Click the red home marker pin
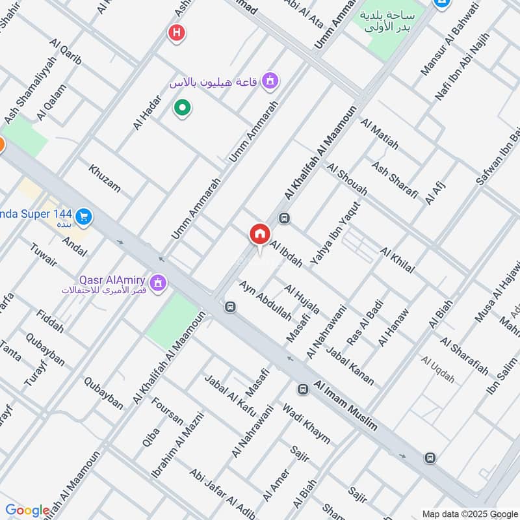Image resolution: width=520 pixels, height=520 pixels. pos(259,235)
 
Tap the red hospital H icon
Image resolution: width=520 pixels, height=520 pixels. pos(175,32)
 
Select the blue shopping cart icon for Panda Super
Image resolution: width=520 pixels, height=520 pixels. pos(83,217)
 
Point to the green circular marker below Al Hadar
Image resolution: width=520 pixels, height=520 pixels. pos(182,107)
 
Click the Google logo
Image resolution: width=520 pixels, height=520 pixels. pos(27,510)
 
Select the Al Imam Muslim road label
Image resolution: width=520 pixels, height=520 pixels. pos(346,405)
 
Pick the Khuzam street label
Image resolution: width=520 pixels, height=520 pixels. pos(105,178)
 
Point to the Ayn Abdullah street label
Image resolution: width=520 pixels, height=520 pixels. pos(265,301)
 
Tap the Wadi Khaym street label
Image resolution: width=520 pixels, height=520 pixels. pos(306,424)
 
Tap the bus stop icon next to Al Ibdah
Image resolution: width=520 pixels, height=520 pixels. pos(283,219)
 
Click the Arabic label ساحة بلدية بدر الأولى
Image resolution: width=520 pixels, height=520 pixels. pos(389,22)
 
